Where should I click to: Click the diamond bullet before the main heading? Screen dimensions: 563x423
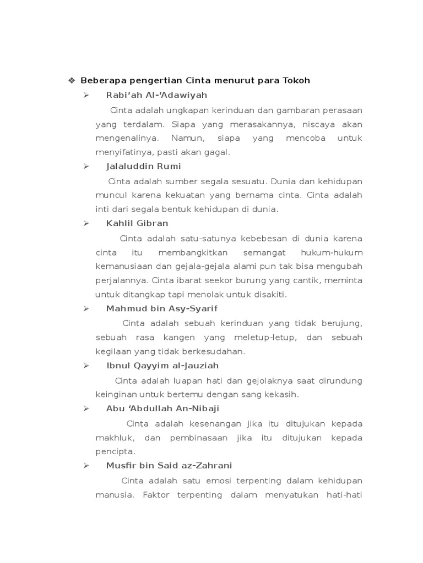coord(72,81)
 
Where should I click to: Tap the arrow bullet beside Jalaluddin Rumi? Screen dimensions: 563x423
coord(86,166)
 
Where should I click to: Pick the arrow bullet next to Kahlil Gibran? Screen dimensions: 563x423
coord(86,223)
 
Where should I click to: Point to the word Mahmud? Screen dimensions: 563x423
coord(123,309)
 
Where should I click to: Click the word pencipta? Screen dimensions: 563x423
coord(115,451)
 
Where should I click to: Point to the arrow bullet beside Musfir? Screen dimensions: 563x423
coord(86,466)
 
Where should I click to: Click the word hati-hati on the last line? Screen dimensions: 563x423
coord(344,494)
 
